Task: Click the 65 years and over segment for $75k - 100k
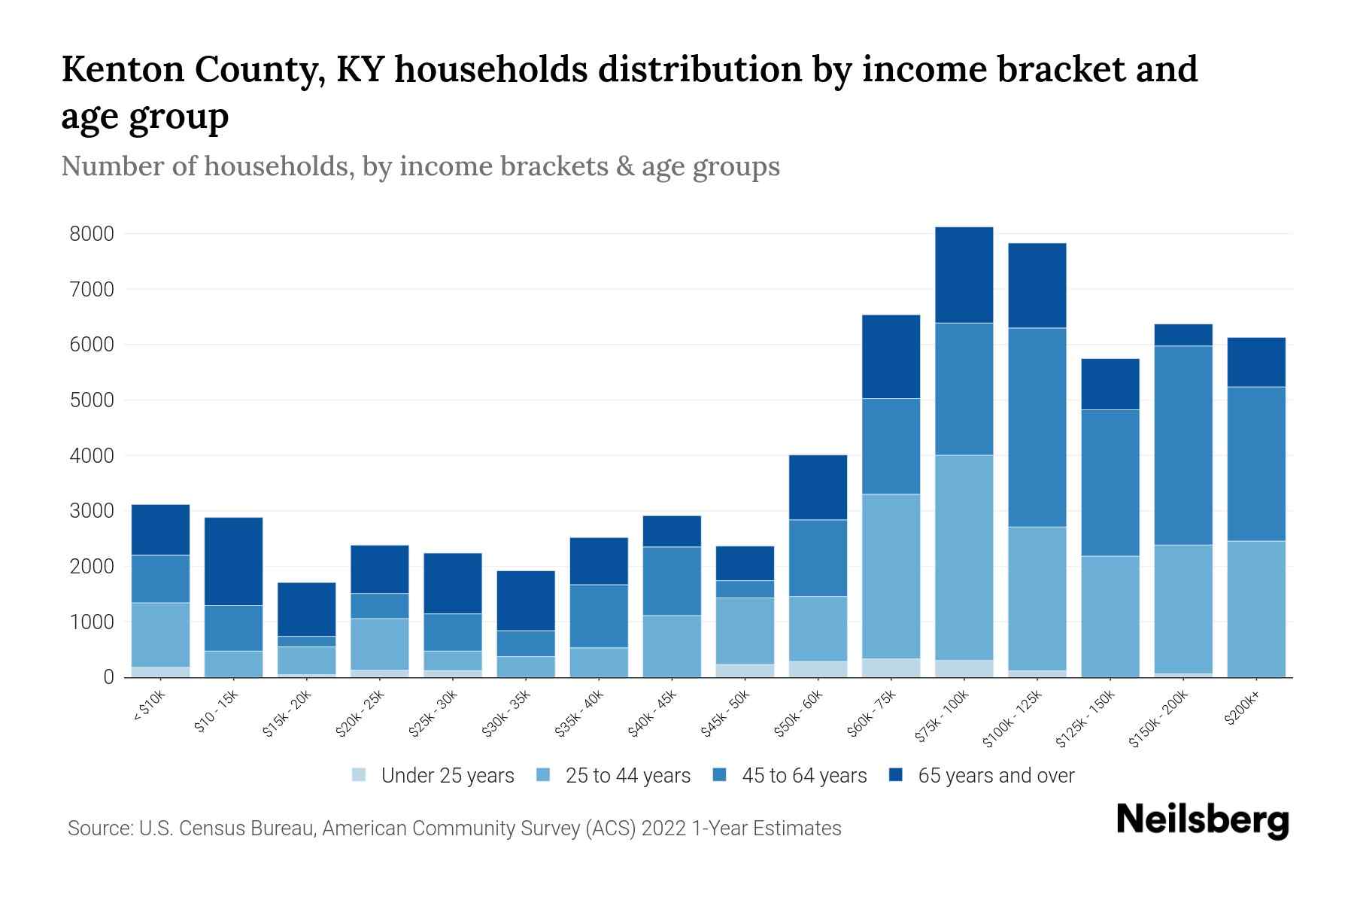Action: [x=964, y=275]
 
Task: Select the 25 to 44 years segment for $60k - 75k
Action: [x=891, y=576]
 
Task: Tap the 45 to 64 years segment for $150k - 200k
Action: [x=1182, y=445]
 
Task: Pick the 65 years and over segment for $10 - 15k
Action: [x=233, y=561]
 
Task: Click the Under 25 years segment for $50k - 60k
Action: [x=818, y=669]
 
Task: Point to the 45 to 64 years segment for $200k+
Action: [x=1255, y=464]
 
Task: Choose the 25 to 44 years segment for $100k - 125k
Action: [x=1037, y=598]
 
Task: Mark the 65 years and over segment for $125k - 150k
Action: [x=1110, y=384]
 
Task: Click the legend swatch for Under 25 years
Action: [x=359, y=775]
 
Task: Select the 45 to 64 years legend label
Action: [x=804, y=775]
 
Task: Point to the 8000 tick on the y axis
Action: [x=92, y=234]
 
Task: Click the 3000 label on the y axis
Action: [x=92, y=511]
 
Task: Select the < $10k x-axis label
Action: [x=149, y=707]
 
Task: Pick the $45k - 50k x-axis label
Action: [x=725, y=713]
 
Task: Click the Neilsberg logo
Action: [x=1202, y=820]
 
